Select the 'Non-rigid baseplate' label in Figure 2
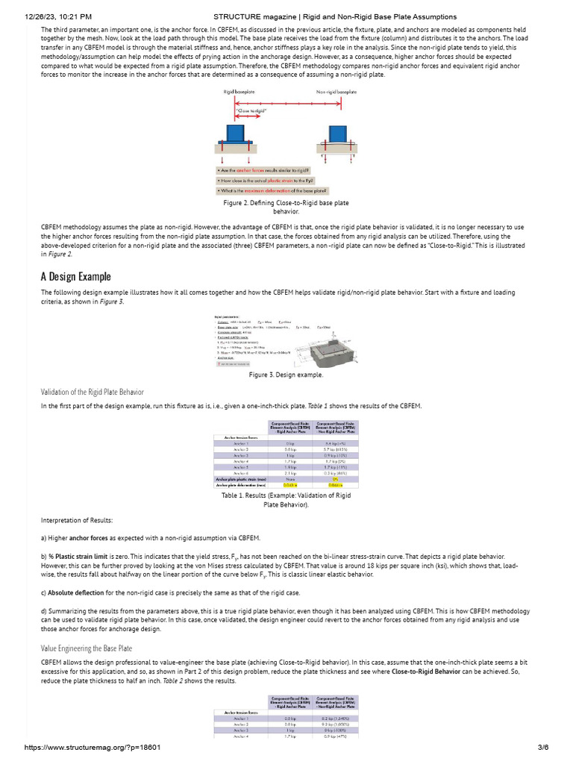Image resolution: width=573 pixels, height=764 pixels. click(x=337, y=91)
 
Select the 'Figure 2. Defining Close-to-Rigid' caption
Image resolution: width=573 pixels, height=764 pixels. click(x=286, y=203)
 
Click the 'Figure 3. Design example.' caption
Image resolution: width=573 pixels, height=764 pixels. click(x=286, y=375)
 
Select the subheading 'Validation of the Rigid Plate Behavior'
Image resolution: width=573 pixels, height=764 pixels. click(x=92, y=392)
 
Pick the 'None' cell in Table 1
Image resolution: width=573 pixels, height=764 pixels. click(x=277, y=479)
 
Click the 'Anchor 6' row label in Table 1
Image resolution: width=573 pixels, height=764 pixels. click(x=240, y=473)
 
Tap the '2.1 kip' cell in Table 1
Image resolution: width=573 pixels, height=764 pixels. click(x=277, y=473)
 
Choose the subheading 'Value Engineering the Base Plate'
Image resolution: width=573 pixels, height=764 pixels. click(x=86, y=648)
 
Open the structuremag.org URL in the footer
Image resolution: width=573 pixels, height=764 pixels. click(x=93, y=748)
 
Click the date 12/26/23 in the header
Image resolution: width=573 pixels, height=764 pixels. click(x=48, y=16)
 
